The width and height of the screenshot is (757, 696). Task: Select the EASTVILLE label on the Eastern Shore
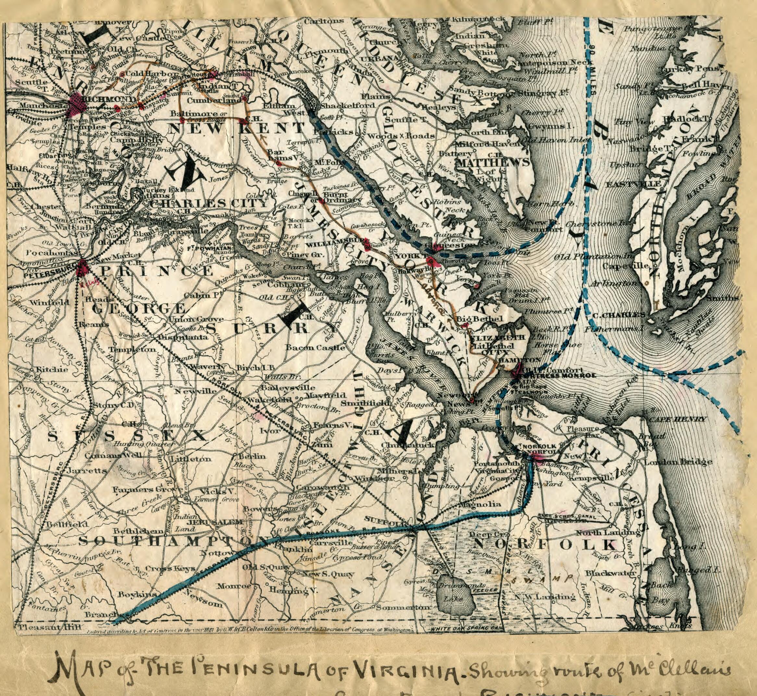tap(632, 184)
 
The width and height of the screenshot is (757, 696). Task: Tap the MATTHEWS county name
tap(493, 163)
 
